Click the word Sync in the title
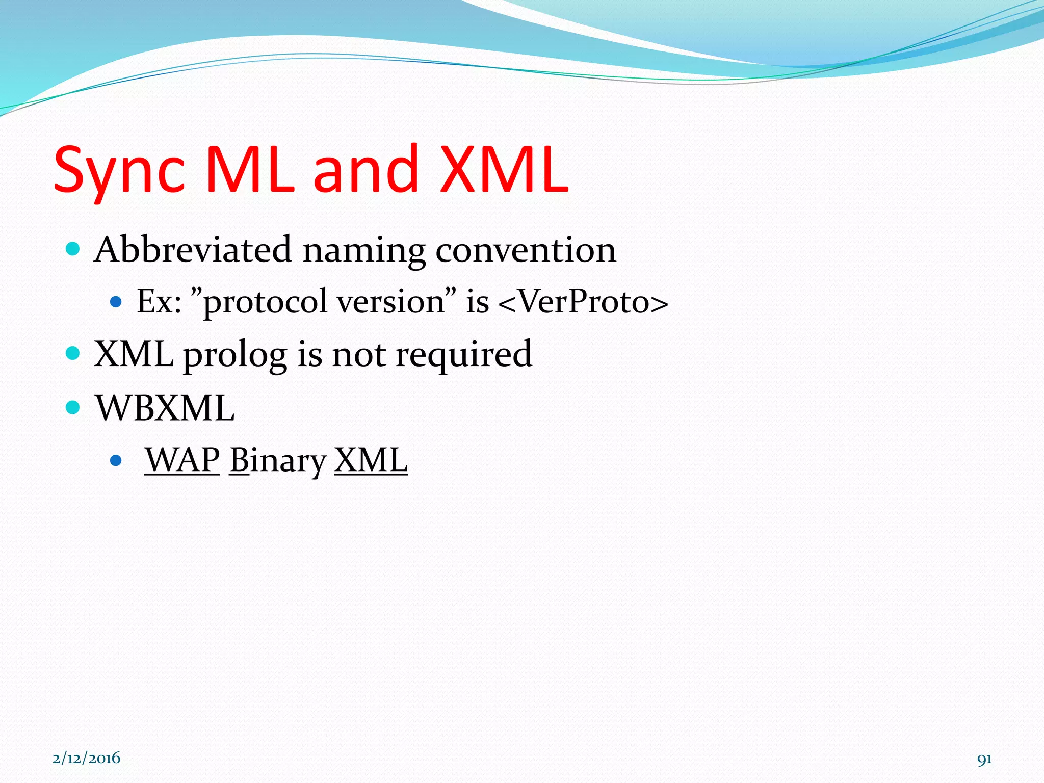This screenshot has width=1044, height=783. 119,171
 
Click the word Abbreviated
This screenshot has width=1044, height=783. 193,250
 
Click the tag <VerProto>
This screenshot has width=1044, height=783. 583,302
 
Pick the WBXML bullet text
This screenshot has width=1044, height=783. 165,408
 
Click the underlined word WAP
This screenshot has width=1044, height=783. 182,460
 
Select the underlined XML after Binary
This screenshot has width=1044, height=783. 371,460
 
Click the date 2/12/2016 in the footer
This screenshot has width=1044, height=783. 86,758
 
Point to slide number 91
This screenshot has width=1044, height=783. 984,759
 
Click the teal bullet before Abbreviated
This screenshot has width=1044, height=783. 73,249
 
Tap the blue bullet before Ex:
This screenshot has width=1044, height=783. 116,302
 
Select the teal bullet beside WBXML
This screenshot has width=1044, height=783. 73,407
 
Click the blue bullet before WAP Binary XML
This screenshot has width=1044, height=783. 116,461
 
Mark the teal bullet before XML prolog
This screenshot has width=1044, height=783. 73,353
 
